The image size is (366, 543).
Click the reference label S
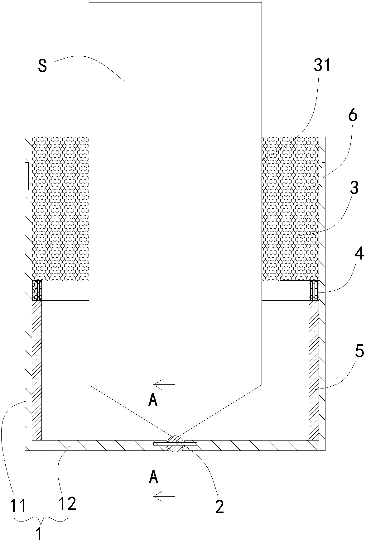(x=43, y=66)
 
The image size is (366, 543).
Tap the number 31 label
(x=322, y=66)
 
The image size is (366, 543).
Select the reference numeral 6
(x=352, y=116)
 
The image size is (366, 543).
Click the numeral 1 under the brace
(x=39, y=533)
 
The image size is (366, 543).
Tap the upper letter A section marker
(x=153, y=401)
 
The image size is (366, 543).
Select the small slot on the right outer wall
(x=324, y=176)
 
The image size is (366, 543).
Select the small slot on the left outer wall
(x=26, y=176)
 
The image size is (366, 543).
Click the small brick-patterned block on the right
(x=314, y=290)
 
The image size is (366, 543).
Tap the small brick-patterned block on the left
(x=37, y=290)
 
